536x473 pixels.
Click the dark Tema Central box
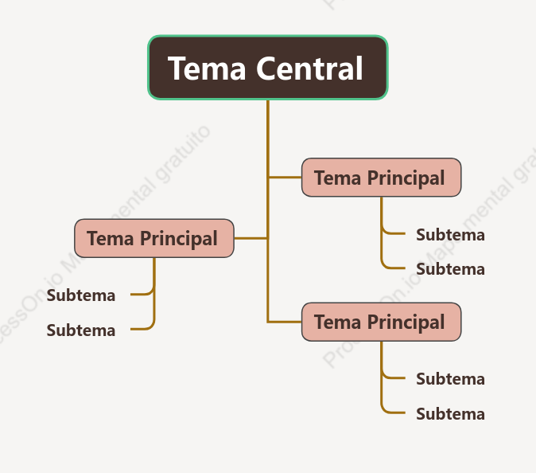pyautogui.click(x=268, y=68)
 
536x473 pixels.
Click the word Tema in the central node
pyautogui.click(x=207, y=68)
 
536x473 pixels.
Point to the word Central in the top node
pyautogui.click(x=309, y=68)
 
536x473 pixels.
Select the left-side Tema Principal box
pyautogui.click(x=154, y=238)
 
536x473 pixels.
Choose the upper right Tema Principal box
pyautogui.click(x=381, y=178)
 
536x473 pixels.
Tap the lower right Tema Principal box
pyautogui.click(x=381, y=322)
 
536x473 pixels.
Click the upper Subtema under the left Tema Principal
pyautogui.click(x=81, y=295)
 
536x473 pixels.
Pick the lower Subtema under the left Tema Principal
pyautogui.click(x=81, y=330)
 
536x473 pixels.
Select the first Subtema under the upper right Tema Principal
pyautogui.click(x=451, y=235)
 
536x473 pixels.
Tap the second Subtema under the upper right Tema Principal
pyautogui.click(x=451, y=269)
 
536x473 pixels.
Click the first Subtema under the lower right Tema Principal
pyautogui.click(x=451, y=379)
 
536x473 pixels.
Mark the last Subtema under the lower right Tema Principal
pyautogui.click(x=451, y=414)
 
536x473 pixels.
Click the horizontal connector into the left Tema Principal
pyautogui.click(x=251, y=238)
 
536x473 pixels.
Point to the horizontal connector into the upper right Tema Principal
pyautogui.click(x=285, y=177)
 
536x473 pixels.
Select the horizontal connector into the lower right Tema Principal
pyautogui.click(x=285, y=322)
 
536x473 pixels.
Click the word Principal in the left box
pyautogui.click(x=179, y=239)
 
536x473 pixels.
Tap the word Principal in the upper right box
pyautogui.click(x=406, y=178)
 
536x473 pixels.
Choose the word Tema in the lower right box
pyautogui.click(x=337, y=322)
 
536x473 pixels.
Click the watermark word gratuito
pyautogui.click(x=183, y=154)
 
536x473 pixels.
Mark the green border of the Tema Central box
pyautogui.click(x=268, y=36)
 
